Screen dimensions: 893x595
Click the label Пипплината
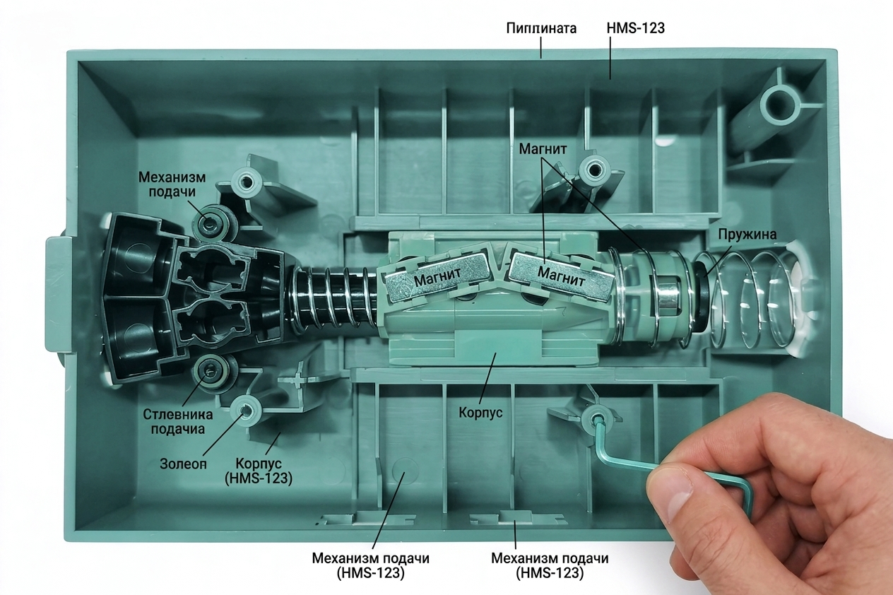(541, 28)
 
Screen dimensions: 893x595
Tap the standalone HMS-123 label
(635, 28)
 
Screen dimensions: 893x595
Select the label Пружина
(747, 234)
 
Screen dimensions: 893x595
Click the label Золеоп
(184, 464)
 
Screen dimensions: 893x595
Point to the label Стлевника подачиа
(178, 422)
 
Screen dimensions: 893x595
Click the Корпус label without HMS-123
(480, 412)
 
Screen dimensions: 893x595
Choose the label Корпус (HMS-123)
(259, 471)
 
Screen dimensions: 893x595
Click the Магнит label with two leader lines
(543, 149)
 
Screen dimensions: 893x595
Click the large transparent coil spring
(753, 300)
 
